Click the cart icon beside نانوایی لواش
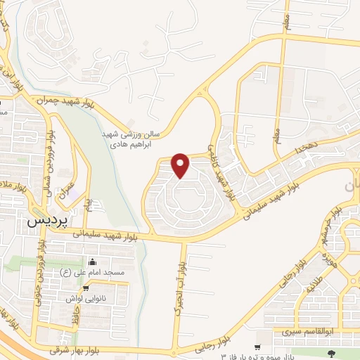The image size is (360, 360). pos(86,288)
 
